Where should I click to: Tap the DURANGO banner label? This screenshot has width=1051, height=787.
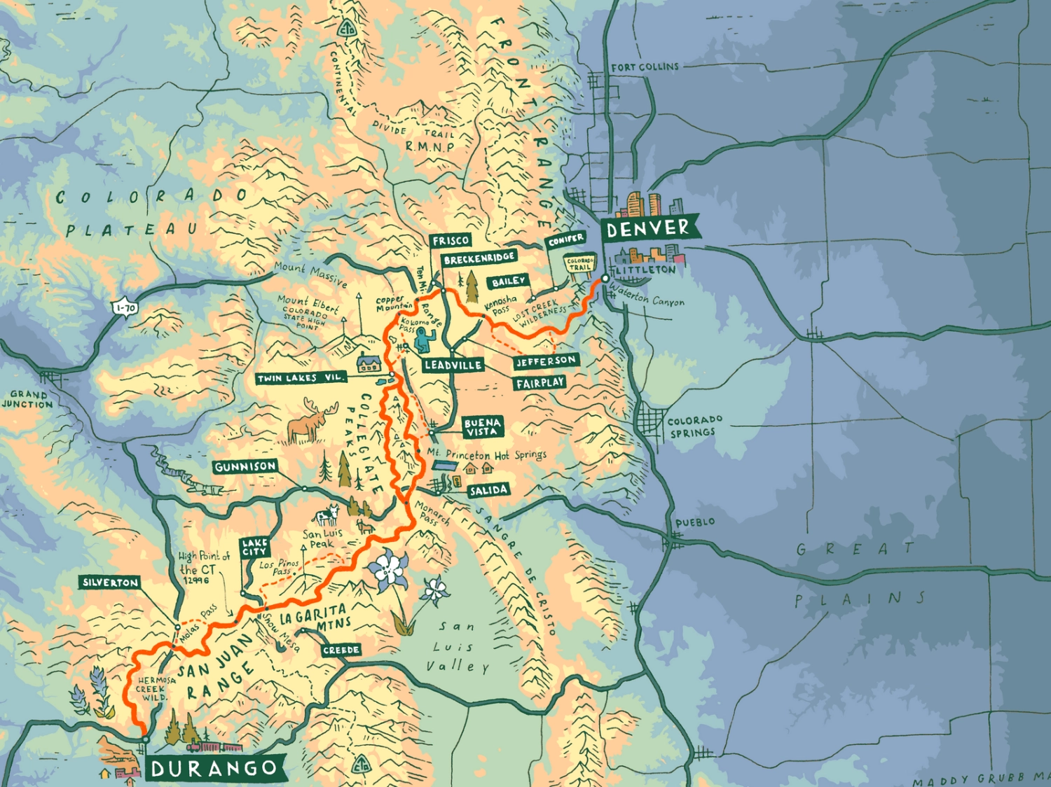[214, 768]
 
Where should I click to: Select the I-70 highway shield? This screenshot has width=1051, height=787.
[125, 307]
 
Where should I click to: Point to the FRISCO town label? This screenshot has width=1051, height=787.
[451, 241]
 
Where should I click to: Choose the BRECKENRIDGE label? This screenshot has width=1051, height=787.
[479, 259]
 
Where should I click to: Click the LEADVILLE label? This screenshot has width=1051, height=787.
[453, 365]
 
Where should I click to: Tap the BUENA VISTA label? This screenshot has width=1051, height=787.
[482, 427]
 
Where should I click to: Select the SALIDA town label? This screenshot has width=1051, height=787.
[488, 490]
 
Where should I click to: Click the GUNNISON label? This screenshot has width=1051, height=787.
[245, 466]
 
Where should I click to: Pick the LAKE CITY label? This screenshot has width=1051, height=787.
[254, 547]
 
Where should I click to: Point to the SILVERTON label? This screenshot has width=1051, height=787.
[110, 583]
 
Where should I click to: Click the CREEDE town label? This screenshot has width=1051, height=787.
[341, 650]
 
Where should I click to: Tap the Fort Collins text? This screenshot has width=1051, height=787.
[645, 67]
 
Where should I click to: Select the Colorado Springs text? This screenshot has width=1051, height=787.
[694, 426]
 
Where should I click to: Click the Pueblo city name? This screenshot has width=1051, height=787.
[695, 522]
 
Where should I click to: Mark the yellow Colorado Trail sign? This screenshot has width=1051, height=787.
[580, 265]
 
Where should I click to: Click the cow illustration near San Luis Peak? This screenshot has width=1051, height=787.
[327, 517]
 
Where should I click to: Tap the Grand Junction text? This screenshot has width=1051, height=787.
[28, 400]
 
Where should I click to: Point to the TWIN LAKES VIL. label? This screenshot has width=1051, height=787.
[301, 378]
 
